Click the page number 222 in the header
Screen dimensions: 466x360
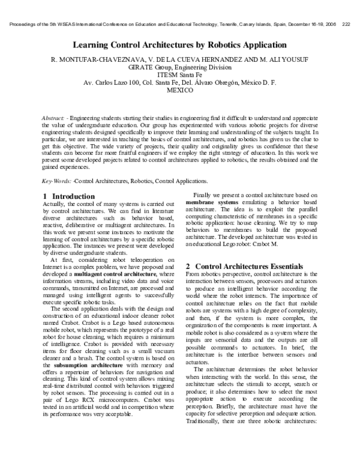pos(346,25)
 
